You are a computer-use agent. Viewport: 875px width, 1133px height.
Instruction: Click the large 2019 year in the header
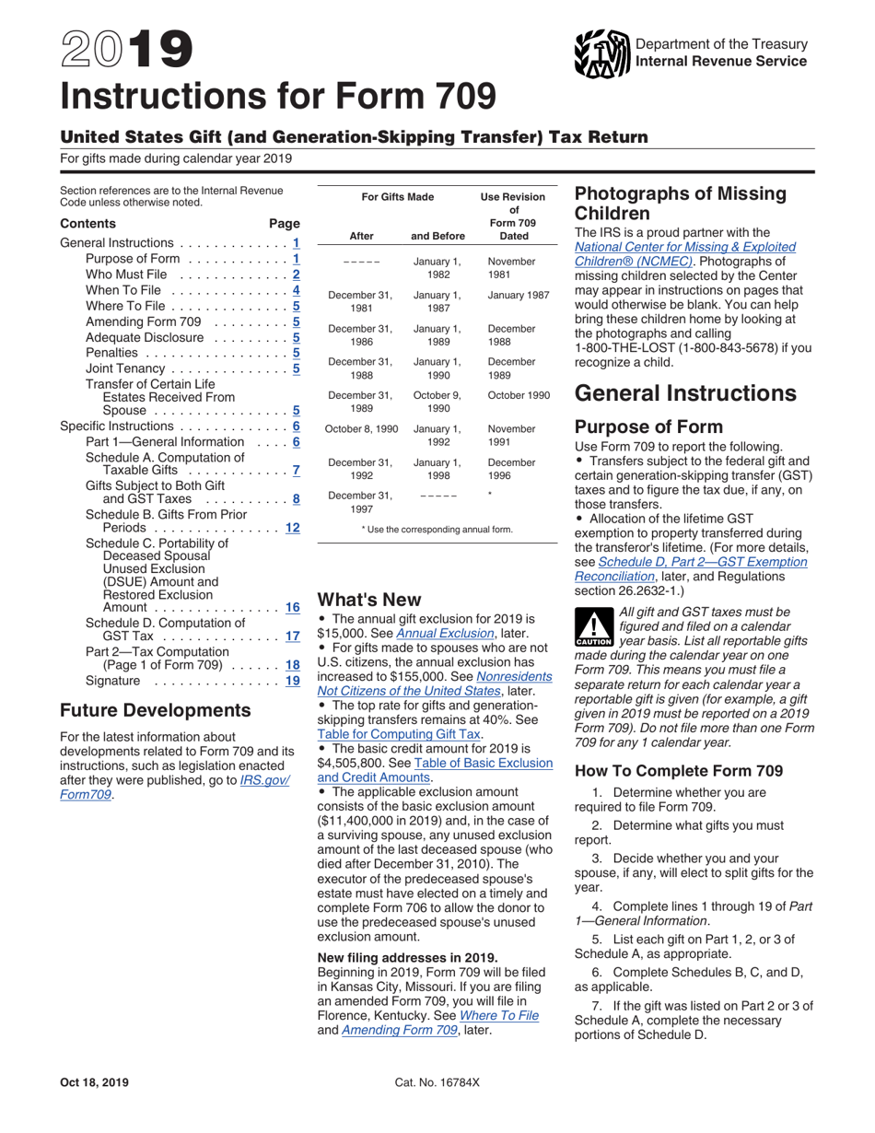point(127,52)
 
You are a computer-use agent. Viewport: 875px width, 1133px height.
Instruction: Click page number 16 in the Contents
point(293,607)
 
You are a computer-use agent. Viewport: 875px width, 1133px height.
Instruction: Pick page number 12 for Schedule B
point(293,528)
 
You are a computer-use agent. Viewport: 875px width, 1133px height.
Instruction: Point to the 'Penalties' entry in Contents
point(111,353)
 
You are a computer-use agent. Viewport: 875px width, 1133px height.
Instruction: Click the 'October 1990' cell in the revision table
point(519,395)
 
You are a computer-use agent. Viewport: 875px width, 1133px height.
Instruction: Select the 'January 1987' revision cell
point(519,295)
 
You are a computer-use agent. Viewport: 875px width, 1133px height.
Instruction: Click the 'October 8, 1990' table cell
point(362,429)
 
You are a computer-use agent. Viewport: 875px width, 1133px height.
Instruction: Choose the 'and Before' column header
point(437,236)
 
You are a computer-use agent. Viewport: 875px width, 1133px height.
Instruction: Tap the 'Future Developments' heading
point(155,710)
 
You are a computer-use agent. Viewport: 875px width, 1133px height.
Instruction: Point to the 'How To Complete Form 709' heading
point(679,770)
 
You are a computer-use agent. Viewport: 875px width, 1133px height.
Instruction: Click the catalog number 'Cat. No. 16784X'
point(437,1082)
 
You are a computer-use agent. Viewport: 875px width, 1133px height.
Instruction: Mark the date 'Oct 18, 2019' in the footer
point(95,1082)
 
